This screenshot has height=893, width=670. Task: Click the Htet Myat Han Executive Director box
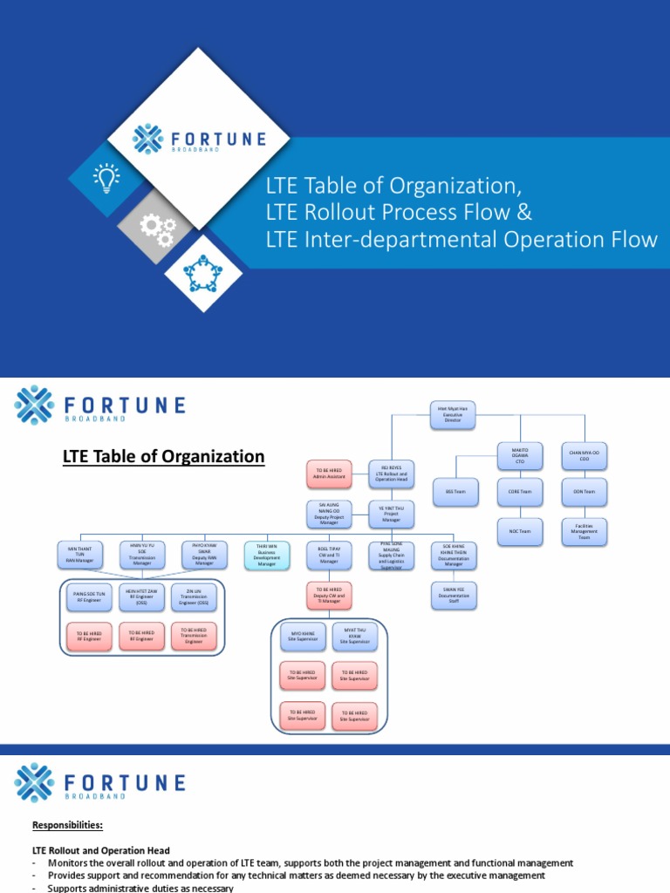[x=453, y=415]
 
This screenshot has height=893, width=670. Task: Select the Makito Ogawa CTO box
[x=520, y=457]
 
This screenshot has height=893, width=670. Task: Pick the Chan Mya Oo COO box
[x=584, y=457]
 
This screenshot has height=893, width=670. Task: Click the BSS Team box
[x=455, y=492]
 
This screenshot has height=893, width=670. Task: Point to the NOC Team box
[x=520, y=531]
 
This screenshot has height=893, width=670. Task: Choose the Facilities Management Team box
[x=584, y=532]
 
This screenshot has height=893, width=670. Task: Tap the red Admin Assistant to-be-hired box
[x=331, y=474]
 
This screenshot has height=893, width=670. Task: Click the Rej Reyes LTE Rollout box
[x=392, y=474]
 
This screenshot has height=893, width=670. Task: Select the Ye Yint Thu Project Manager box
[x=392, y=513]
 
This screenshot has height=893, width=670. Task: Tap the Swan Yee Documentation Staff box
[x=453, y=596]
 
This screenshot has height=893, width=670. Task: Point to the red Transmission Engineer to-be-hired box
[x=193, y=636]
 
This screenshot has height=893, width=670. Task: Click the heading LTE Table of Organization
[x=161, y=455]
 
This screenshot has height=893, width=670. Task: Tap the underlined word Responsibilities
[x=66, y=825]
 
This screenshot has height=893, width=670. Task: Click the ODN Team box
[x=584, y=492]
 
